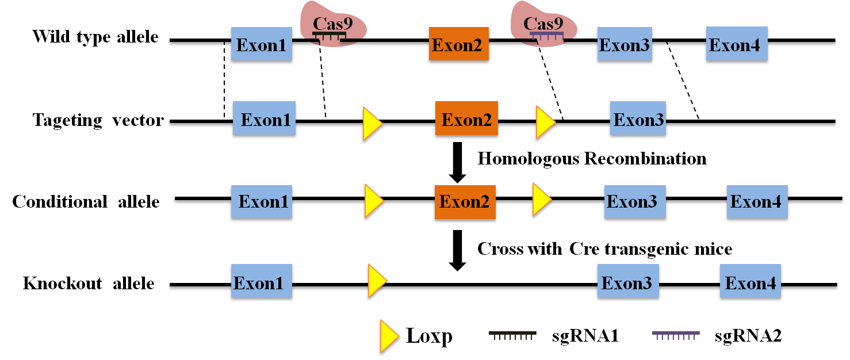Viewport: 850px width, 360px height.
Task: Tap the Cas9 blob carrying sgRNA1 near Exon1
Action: pos(332,29)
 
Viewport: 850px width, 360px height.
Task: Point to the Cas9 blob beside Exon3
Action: pos(545,29)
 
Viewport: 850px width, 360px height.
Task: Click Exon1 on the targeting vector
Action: pos(264,121)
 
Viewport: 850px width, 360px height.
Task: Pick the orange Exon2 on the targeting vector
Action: pos(466,121)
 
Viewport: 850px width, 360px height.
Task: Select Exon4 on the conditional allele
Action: pos(756,202)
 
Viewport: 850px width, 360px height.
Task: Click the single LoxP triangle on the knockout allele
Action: pos(377,280)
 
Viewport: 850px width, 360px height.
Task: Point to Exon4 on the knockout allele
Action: pos(750,283)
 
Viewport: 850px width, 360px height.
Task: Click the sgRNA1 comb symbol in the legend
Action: pos(512,335)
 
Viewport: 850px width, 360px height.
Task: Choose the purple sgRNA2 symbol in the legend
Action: pos(676,335)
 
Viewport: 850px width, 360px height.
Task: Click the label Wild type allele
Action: pos(95,37)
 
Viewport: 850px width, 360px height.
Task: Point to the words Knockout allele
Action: pos(89,284)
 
